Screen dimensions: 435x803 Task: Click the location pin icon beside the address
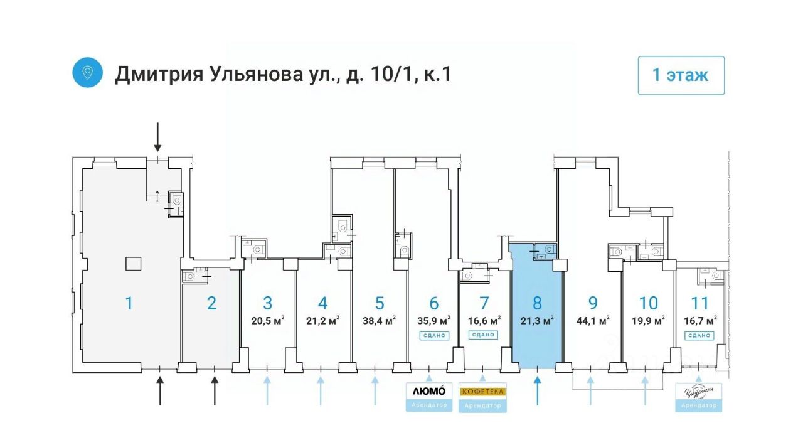(87, 73)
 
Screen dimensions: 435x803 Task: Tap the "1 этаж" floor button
(681, 75)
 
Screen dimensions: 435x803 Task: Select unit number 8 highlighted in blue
(537, 303)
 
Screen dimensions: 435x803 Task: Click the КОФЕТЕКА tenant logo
(482, 391)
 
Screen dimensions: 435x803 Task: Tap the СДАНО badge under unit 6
(433, 335)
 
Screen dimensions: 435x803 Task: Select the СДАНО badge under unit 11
(699, 335)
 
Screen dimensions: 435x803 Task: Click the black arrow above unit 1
(157, 137)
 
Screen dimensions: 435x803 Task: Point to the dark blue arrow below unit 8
(538, 389)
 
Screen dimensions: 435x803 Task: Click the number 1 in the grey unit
(129, 303)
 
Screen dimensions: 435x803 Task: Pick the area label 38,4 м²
(380, 321)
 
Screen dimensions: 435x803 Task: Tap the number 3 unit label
(268, 303)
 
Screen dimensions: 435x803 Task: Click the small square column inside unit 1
(132, 264)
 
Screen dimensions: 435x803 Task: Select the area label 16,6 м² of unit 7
(484, 321)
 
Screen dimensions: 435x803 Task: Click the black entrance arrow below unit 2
(215, 389)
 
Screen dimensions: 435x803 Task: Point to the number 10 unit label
(649, 303)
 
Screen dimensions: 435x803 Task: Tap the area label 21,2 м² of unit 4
(322, 321)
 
